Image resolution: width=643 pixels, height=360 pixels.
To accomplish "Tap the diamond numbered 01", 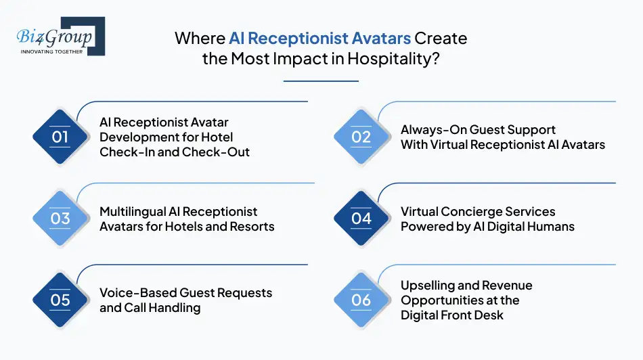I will pos(60,137).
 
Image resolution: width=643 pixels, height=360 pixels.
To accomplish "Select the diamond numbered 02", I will pos(361,137).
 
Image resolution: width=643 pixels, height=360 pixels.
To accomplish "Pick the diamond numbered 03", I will pos(60,219).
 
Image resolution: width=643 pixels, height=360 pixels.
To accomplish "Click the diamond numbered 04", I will pos(361,219).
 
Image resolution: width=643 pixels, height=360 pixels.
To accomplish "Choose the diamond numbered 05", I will pos(60,300).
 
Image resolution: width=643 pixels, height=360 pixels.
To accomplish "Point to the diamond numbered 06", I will pos(361,300).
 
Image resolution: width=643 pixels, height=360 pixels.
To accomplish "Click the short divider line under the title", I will pos(321,81).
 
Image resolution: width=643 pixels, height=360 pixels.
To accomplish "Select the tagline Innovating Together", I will pos(52,51).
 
